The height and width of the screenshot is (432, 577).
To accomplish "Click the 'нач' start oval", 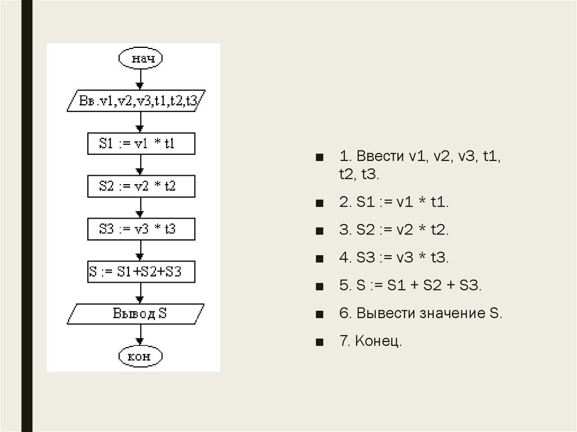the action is click(140, 59).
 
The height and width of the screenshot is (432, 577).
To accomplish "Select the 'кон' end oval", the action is click(140, 356).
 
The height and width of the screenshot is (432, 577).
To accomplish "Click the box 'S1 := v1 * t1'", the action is click(141, 144).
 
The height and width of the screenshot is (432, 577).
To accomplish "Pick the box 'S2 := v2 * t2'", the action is click(141, 186).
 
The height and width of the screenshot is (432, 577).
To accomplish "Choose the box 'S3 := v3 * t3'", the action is click(141, 229).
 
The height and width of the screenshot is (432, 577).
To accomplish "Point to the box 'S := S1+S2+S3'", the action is click(141, 272).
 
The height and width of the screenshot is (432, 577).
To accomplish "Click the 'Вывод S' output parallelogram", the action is click(139, 314).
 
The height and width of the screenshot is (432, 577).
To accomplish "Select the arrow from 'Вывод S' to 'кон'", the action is click(140, 335).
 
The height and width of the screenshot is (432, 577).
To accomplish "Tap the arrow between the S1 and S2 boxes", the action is click(140, 165).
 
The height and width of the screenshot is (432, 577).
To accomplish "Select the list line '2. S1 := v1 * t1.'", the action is click(394, 202).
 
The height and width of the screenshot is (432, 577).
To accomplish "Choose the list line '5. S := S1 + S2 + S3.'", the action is click(410, 286).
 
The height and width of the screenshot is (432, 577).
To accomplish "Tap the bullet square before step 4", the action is click(319, 259).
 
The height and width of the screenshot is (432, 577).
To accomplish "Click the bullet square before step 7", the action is click(319, 342).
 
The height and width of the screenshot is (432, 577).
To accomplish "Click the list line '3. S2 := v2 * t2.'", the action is click(394, 230).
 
